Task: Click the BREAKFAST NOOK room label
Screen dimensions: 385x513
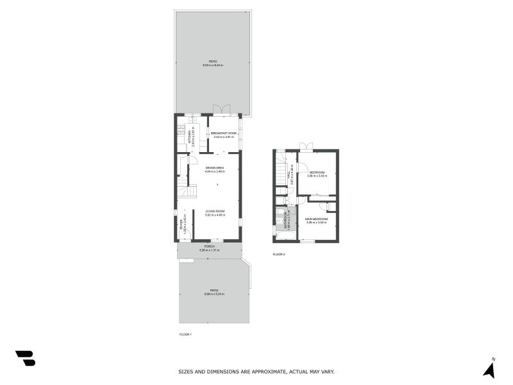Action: point(224,133)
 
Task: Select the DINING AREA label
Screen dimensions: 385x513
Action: point(215,168)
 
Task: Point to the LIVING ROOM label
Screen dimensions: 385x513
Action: point(215,211)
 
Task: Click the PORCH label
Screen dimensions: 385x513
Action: point(209,246)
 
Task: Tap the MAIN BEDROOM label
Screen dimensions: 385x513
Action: point(317,219)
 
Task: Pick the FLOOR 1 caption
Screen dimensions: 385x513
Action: point(185,334)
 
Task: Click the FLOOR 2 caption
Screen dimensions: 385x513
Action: point(279,255)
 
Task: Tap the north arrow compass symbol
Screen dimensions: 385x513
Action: point(489,369)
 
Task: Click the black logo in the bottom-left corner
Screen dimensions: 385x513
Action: point(25,358)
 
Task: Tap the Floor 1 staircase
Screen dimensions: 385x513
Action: point(187,191)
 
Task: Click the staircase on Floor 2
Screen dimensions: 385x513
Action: point(280,172)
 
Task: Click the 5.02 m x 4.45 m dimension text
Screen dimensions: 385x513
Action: point(215,215)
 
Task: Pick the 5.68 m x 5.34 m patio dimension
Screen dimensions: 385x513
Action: point(214,294)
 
